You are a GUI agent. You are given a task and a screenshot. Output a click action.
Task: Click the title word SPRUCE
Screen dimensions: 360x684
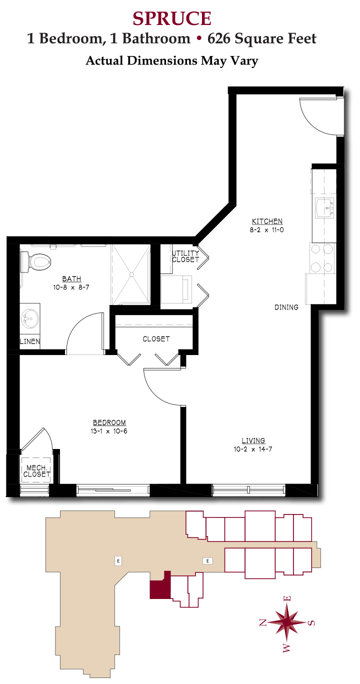click(x=172, y=18)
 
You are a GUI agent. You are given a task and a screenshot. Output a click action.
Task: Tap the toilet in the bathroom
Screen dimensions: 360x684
click(x=35, y=261)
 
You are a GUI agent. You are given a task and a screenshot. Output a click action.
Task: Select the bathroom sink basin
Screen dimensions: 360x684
click(x=30, y=318)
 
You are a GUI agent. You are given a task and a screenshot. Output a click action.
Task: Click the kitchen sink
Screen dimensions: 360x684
click(x=325, y=207)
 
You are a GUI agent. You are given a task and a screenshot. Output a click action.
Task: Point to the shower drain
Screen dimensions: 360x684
click(x=132, y=274)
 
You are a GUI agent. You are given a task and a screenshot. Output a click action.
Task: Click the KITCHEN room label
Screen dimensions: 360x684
click(x=267, y=221)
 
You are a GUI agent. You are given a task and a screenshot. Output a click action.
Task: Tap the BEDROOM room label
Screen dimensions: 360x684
click(x=109, y=422)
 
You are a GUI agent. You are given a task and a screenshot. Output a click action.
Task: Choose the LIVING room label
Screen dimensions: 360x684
click(x=253, y=440)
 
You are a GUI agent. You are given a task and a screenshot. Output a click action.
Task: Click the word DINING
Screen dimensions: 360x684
click(x=286, y=307)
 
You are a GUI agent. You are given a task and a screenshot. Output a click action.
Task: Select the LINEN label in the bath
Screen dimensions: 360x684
click(x=30, y=341)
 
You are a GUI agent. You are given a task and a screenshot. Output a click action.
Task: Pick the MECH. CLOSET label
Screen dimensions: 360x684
click(x=36, y=471)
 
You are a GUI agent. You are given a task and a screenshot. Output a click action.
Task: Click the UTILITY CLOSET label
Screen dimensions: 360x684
click(x=185, y=256)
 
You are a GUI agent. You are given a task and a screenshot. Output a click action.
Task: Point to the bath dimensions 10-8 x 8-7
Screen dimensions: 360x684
click(x=71, y=287)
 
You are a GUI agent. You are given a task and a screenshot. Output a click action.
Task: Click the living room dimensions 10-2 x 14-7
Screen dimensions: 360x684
click(x=253, y=449)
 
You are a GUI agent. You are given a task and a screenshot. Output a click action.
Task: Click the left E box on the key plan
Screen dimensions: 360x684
click(x=118, y=560)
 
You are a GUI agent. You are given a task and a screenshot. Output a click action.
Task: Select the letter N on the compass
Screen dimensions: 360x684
click(x=263, y=622)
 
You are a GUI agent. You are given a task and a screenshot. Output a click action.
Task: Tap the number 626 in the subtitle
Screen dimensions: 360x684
click(x=219, y=39)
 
